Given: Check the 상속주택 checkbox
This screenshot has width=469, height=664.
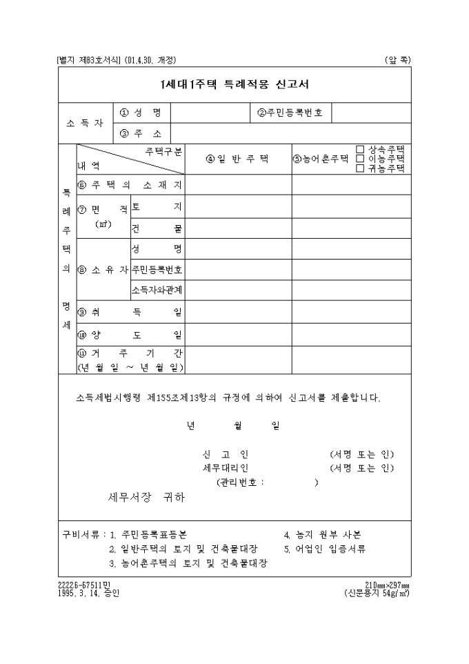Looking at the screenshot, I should point(360,149).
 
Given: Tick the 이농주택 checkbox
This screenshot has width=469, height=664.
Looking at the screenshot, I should point(360,158).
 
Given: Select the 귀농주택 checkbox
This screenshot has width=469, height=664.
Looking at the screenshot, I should point(360,167).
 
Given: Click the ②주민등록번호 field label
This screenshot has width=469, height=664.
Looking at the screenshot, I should point(290,113).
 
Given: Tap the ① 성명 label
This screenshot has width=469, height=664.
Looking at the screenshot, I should point(141,113).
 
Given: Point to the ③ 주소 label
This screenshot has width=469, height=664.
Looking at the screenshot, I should point(141,133).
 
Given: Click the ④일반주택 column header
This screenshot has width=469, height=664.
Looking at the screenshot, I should point(237,159).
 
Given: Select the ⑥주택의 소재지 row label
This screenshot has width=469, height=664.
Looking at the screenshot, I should point(130,185).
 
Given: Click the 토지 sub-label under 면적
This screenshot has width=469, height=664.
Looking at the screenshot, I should point(157,206).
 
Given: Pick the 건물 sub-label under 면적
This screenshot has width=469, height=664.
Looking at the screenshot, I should point(157,228).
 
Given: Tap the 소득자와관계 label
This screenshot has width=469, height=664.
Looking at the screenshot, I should point(157,289).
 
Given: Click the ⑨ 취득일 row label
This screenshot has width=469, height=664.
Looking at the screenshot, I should point(130,313).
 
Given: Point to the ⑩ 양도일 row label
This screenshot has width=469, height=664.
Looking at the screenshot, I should point(130,335).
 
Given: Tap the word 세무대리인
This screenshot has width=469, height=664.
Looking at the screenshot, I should point(221,468).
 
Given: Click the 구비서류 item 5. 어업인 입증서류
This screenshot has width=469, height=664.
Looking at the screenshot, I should point(325,549).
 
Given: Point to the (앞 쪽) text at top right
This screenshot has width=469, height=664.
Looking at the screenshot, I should point(398,60).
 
